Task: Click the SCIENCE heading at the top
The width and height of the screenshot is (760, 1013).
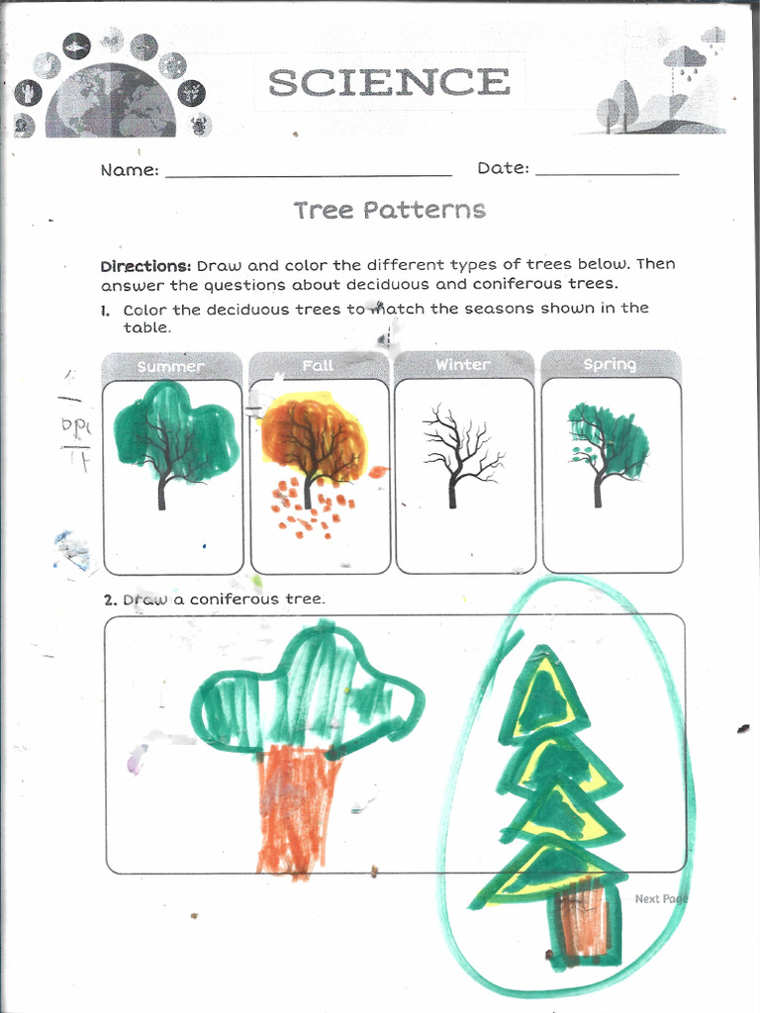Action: [x=389, y=82]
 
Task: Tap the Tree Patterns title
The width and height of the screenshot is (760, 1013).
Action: [x=389, y=210]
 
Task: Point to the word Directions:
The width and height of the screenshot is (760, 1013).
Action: [x=145, y=266]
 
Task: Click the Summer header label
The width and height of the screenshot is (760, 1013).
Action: [x=171, y=366]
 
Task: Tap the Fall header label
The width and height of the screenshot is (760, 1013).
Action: [x=318, y=365]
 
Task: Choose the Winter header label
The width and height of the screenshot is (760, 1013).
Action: [x=463, y=364]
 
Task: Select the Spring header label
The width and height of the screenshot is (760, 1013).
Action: [x=610, y=364]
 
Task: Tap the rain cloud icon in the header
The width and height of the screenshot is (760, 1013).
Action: [x=685, y=59]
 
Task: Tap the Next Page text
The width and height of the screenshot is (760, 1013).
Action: [x=660, y=899]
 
